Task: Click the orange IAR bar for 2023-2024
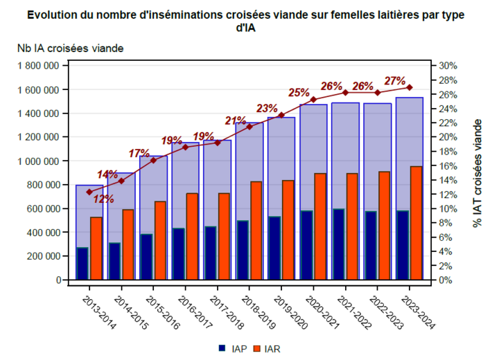[416, 223]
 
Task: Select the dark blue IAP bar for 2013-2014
[82, 264]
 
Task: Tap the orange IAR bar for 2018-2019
[256, 231]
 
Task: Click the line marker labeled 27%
[410, 87]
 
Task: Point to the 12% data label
[103, 199]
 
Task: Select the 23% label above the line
[267, 108]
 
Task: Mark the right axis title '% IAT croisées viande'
[477, 173]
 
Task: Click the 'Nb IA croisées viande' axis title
[70, 48]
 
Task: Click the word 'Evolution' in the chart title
[59, 15]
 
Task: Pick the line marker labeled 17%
[153, 160]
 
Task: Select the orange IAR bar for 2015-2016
[159, 240]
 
